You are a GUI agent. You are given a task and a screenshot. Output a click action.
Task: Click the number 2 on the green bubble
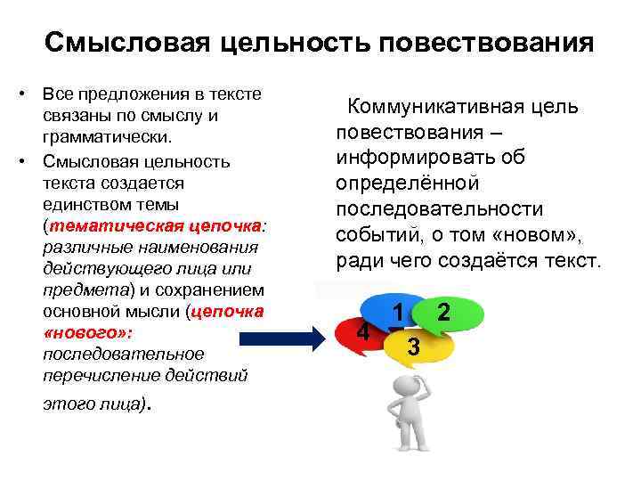point(444,313)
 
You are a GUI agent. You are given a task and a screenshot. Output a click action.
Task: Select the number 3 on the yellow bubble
point(411,346)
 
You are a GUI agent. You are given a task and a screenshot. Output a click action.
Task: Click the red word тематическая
point(110,225)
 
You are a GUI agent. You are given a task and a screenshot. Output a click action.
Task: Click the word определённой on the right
point(409,183)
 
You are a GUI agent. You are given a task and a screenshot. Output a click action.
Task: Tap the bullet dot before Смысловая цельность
point(28,161)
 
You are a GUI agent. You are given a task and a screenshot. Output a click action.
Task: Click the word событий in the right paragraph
point(375,235)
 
